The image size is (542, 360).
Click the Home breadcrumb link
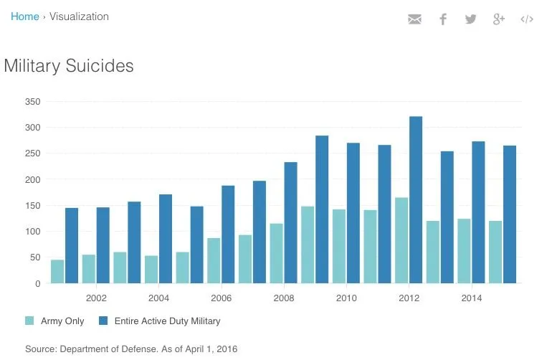point(24,16)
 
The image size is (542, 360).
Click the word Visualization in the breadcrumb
point(79,16)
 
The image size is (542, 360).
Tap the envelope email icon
point(414,19)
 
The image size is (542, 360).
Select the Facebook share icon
point(443,19)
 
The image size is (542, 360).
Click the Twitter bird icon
point(470,19)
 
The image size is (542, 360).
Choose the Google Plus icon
point(499,19)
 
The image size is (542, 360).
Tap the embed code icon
point(527,19)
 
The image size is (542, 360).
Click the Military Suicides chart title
point(69,66)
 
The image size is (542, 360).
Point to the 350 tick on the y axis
point(32,102)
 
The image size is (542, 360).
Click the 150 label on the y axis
point(32,206)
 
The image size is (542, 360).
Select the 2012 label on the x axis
point(409,298)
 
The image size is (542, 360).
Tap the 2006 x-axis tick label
point(221,298)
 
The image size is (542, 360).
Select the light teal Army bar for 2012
point(401,240)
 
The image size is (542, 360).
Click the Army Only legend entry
point(55,321)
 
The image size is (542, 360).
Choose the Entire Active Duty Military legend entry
point(159,321)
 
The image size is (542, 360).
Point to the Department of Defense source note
point(130,349)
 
